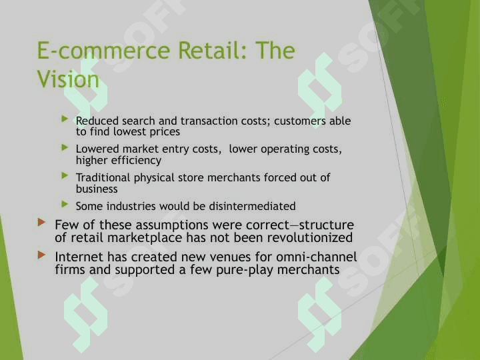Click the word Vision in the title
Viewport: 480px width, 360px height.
coord(68,79)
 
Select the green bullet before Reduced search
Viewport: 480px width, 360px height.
coord(65,119)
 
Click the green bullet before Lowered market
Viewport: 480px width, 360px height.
coord(65,147)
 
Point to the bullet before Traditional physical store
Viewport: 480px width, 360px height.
coord(65,176)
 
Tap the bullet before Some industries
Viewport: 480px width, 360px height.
coord(65,204)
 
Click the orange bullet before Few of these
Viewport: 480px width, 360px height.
coord(41,222)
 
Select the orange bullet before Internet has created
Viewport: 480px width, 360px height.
coord(41,255)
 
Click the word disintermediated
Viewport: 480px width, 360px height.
coord(252,206)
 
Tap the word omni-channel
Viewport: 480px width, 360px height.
coord(317,257)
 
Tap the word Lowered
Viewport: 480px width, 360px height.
coord(97,149)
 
